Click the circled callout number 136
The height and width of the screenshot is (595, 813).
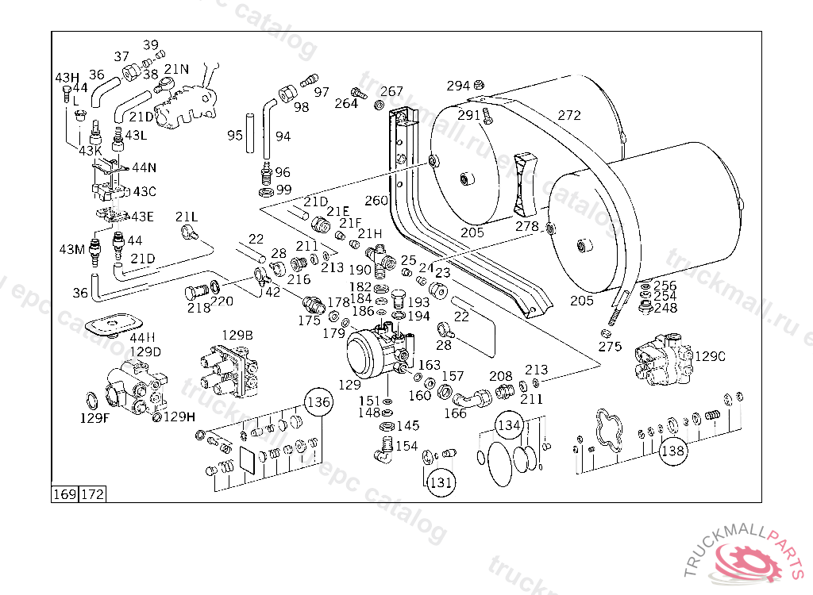[x=318, y=402]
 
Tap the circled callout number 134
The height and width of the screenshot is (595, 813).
[x=509, y=425]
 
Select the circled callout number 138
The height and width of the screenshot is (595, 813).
[x=672, y=451]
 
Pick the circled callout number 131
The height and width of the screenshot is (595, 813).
[x=441, y=482]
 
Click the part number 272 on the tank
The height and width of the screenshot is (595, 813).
[x=568, y=116]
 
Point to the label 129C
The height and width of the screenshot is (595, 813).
[x=710, y=357]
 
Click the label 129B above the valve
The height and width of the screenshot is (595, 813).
[x=237, y=336]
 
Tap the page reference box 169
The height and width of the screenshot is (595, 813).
[x=64, y=495]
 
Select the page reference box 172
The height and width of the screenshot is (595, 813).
[x=92, y=495]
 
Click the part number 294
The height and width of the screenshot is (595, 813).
[x=458, y=86]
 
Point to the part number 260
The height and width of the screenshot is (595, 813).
[x=376, y=200]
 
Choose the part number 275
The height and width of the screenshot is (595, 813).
[x=610, y=347]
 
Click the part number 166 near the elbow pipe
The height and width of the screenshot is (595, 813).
[x=455, y=413]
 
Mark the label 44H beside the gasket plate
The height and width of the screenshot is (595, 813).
[x=143, y=337]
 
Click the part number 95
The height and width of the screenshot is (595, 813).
[x=234, y=136]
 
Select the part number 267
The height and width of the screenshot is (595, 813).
[x=391, y=92]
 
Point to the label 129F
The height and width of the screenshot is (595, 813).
[x=94, y=417]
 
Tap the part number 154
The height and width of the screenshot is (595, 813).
[x=406, y=446]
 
